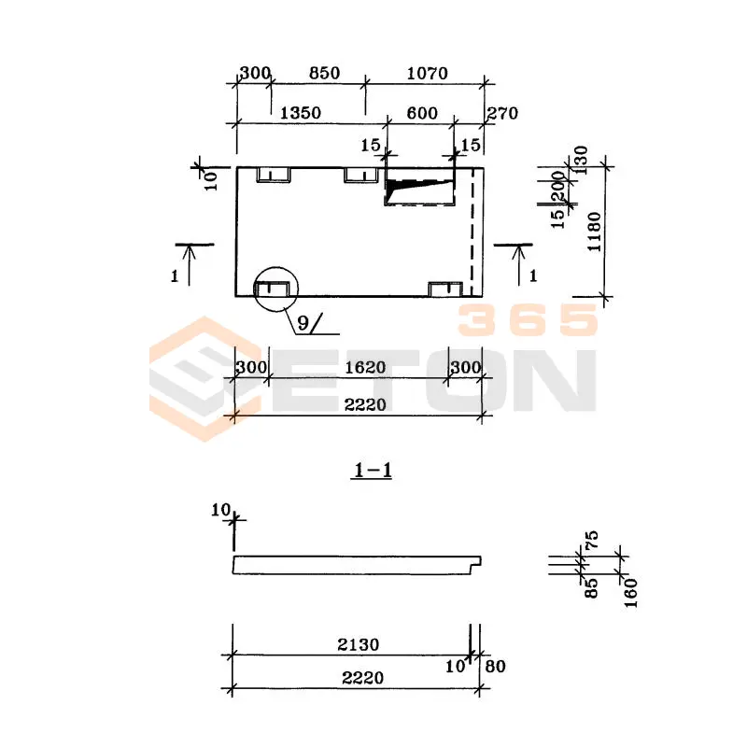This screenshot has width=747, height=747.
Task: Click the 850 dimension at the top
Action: point(324,73)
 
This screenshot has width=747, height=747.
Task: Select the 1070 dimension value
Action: point(428,73)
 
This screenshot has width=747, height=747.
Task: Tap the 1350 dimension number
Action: point(300,113)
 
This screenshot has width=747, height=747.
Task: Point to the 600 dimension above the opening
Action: point(422,113)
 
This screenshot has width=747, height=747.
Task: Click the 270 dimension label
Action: point(502,113)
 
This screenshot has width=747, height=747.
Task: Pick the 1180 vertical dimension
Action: point(594,232)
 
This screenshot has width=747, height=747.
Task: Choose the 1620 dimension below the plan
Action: point(365,367)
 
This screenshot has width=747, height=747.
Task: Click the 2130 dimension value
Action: point(359,644)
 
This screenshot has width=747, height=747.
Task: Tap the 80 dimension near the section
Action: point(496,666)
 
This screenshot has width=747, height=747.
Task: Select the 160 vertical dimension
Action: point(630,593)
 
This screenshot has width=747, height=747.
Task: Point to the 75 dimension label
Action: point(591,541)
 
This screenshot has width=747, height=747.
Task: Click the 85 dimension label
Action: point(591,588)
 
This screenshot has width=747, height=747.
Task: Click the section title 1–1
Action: point(373,471)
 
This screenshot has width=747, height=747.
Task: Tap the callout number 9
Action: point(303,323)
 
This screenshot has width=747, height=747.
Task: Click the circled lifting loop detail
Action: point(275,289)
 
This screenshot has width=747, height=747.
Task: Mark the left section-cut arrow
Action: point(190,265)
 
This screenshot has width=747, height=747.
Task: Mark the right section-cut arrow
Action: point(519,265)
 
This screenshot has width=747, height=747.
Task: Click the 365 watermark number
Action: point(528,319)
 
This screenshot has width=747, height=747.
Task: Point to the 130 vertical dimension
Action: point(581,160)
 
